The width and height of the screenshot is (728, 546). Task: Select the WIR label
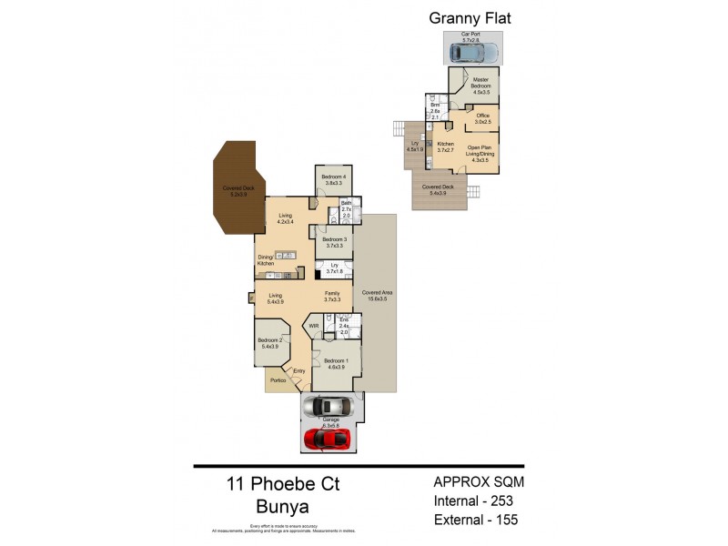(x=314, y=325)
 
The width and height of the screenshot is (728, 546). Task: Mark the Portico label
(x=278, y=379)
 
